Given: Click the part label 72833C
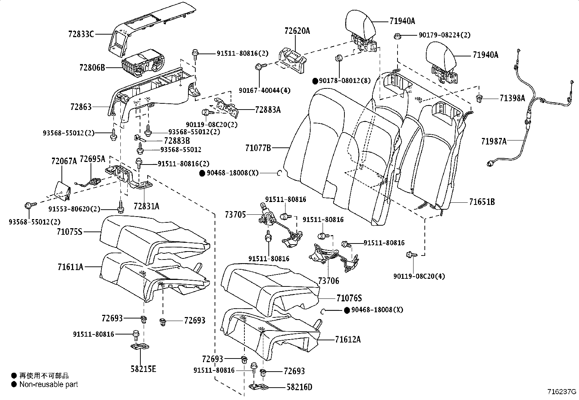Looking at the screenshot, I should coord(81,34).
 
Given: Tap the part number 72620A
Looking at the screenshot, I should coord(297,31).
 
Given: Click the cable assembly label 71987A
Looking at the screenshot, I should coord(494,141).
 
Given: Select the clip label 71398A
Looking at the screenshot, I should coord(512,98).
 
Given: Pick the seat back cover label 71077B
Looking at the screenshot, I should coord(258,148).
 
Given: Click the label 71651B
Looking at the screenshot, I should coord(482,202).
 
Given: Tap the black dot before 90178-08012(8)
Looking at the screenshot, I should coord(315,81).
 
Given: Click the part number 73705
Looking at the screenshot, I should coord(235,215).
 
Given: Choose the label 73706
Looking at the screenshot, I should coord(328,281).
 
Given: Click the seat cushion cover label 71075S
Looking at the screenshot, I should coord(70,231).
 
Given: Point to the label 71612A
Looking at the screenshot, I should coord(348,340).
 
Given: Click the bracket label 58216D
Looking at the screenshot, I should coord(299,387).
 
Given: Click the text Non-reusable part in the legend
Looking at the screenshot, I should coord(48,384).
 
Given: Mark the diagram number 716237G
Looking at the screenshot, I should coord(562,392).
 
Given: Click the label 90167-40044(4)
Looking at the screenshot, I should coord(265,90).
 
